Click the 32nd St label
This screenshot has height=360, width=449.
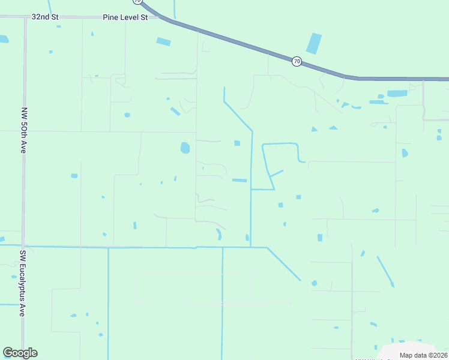[45, 17]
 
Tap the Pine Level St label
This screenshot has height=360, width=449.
[125, 17]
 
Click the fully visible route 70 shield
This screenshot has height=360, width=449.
[297, 61]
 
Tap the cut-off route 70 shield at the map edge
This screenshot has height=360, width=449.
[137, 2]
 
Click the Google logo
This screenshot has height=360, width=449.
[20, 353]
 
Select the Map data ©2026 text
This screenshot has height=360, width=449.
[423, 355]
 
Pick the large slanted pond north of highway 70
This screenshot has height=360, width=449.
[314, 44]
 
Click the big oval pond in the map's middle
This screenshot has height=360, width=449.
[185, 148]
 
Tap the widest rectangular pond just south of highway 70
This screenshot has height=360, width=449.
[397, 94]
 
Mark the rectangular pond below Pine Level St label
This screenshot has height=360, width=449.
[163, 41]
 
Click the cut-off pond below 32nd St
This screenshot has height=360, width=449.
[4, 39]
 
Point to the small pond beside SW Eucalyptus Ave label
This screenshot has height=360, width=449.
[14, 277]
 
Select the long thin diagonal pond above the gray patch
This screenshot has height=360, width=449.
[385, 271]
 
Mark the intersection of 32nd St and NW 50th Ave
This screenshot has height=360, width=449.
[25, 17]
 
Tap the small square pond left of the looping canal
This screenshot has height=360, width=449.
[237, 143]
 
